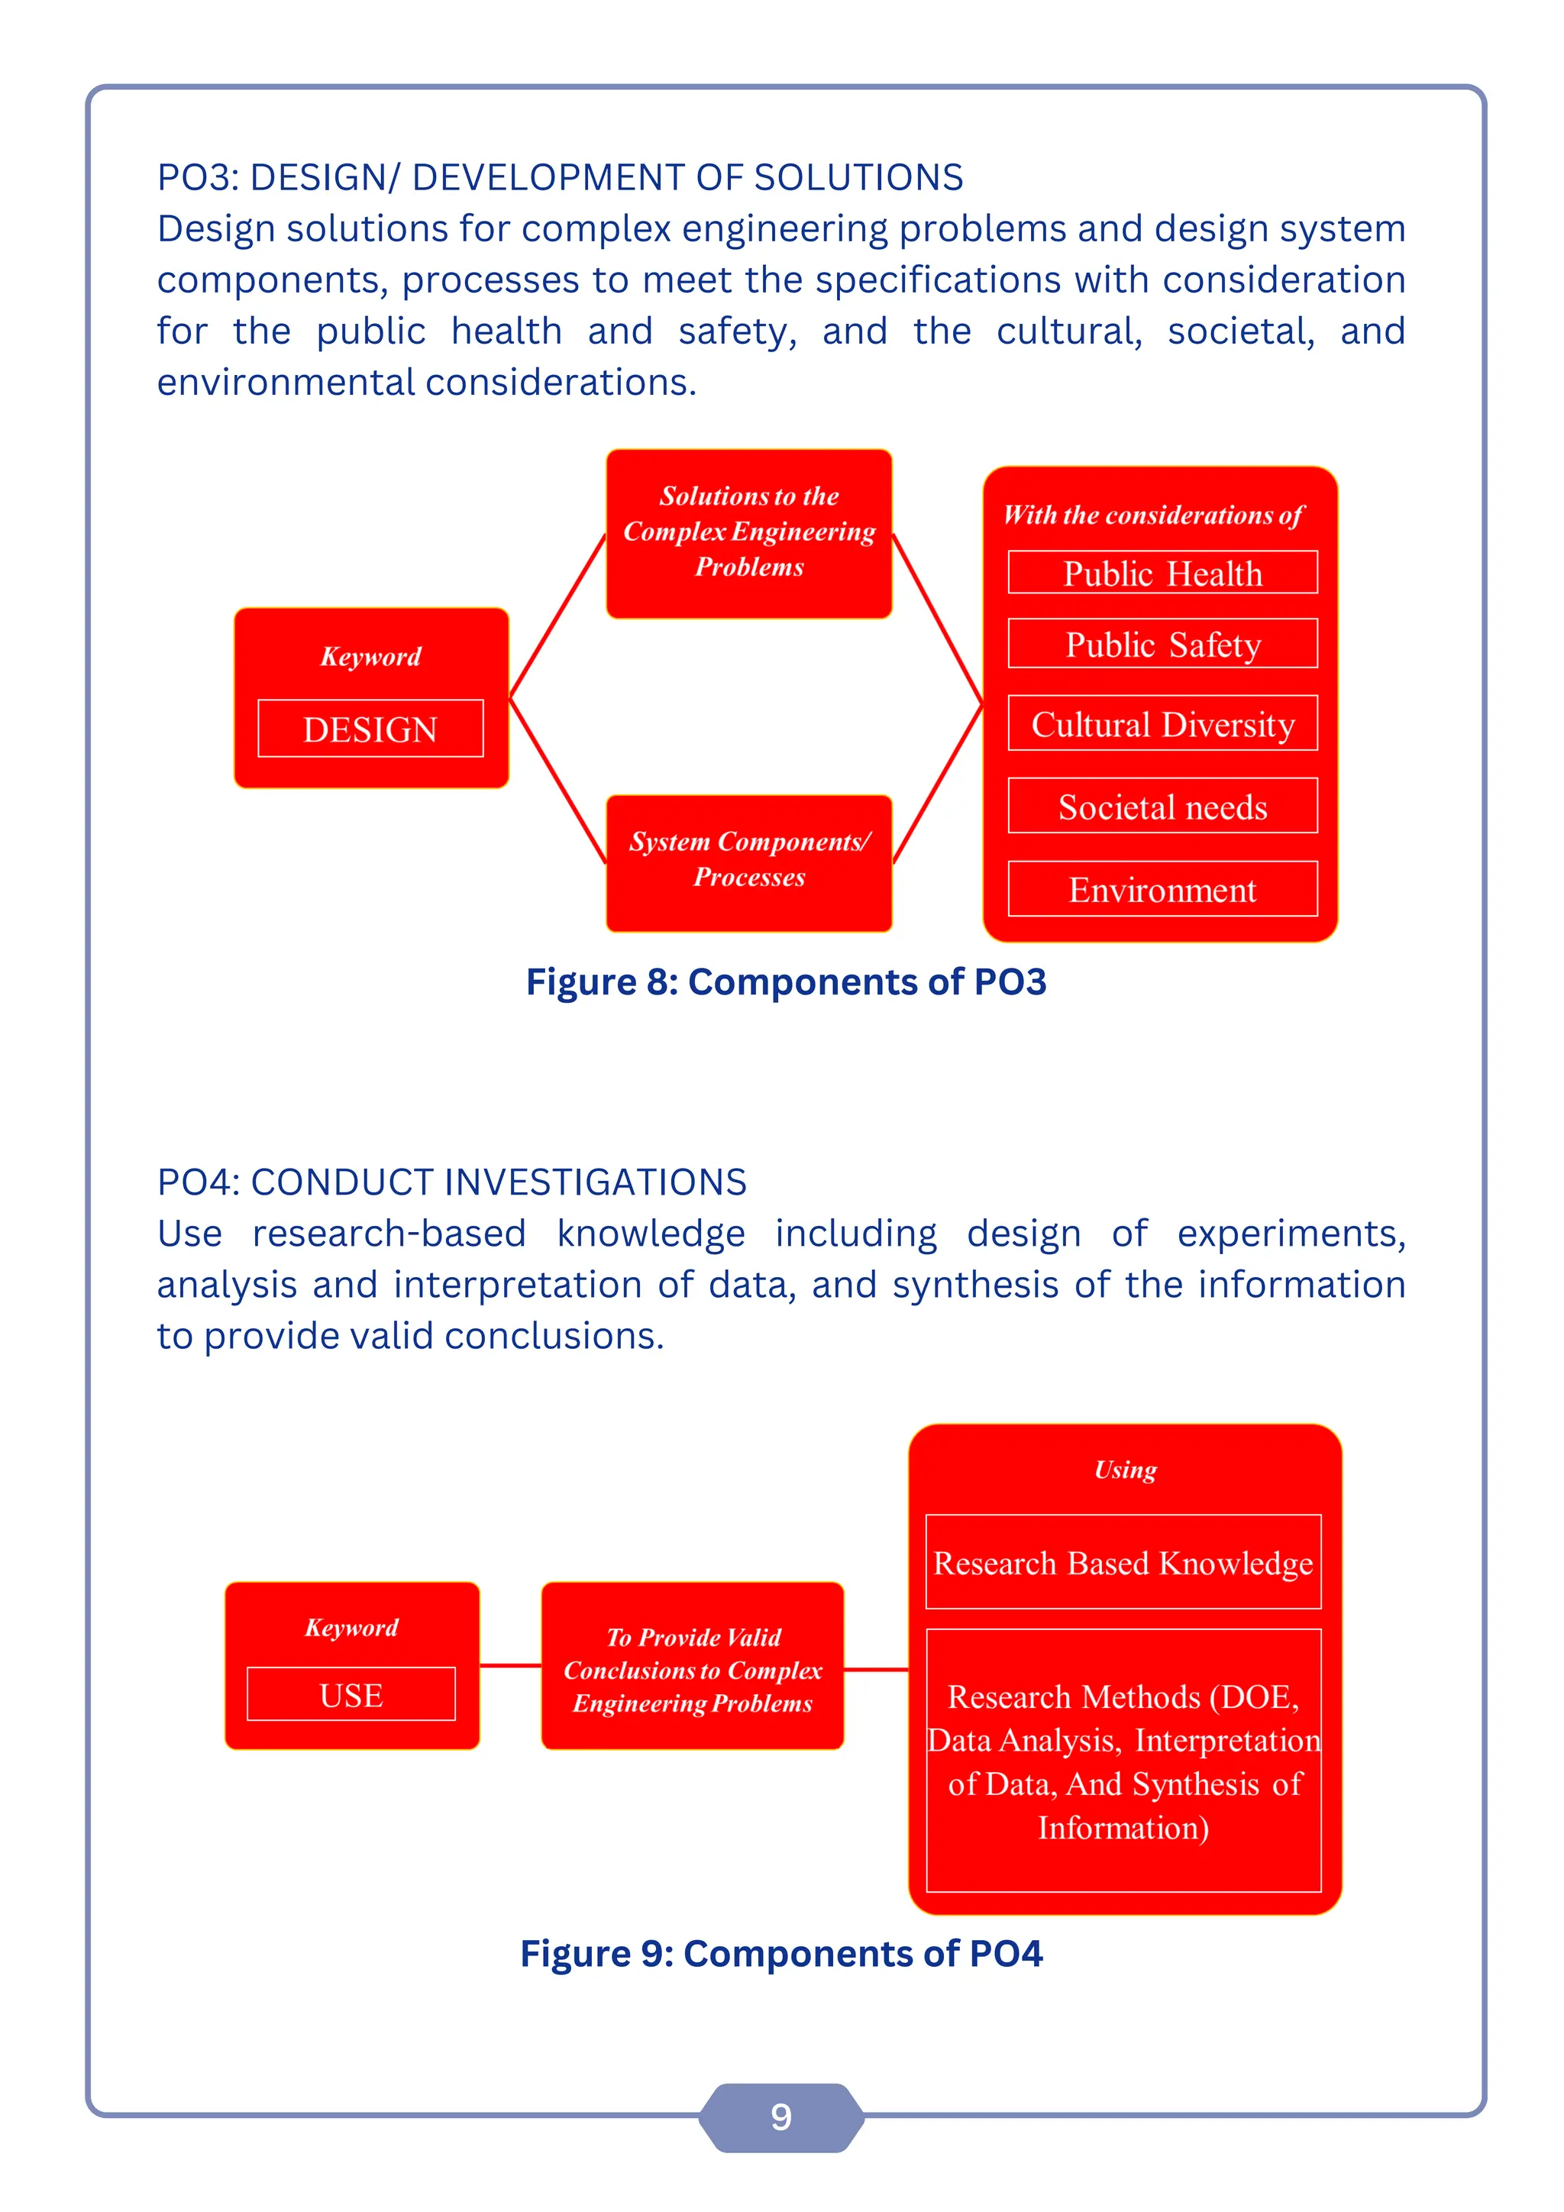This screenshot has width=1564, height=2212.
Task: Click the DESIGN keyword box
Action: pos(371,729)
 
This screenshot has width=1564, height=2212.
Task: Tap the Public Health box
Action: pos(1162,573)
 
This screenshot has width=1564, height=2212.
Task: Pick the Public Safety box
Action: pos(1162,644)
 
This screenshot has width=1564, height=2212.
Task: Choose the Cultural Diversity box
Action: pos(1162,723)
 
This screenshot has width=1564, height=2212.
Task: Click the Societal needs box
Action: pos(1162,807)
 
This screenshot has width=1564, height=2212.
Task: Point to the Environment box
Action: pos(1162,889)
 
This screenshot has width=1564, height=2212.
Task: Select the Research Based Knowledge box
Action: pos(1123,1563)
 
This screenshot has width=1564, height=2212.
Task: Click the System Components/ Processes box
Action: pos(749,860)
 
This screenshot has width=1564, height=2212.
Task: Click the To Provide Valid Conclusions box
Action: pos(693,1670)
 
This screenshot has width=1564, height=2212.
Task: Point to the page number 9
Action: pos(781,2117)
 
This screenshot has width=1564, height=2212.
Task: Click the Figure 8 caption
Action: pos(786,981)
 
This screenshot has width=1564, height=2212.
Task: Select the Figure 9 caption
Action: pos(781,1954)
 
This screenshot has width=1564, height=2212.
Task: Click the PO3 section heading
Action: pos(560,177)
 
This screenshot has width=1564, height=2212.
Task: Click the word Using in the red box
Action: pos(1125,1470)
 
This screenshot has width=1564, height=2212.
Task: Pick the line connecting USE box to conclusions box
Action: pos(510,1665)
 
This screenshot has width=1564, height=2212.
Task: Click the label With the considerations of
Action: pos(1153,516)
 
